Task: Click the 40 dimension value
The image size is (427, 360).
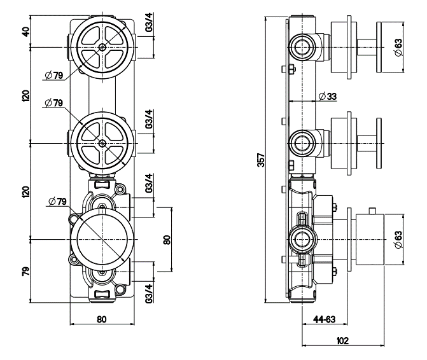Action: click(26, 32)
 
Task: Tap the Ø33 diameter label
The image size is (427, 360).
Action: click(328, 96)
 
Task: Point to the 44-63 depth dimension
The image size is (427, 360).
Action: click(325, 319)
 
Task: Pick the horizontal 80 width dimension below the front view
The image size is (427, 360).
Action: click(101, 319)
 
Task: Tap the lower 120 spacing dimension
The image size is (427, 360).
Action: click(26, 191)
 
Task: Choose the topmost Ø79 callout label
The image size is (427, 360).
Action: click(53, 76)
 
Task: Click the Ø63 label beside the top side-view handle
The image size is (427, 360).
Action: click(398, 47)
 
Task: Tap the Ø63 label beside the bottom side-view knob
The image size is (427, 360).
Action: click(398, 239)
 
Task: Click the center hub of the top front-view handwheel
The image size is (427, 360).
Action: click(102, 48)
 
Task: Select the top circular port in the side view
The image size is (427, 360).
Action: click(300, 45)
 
